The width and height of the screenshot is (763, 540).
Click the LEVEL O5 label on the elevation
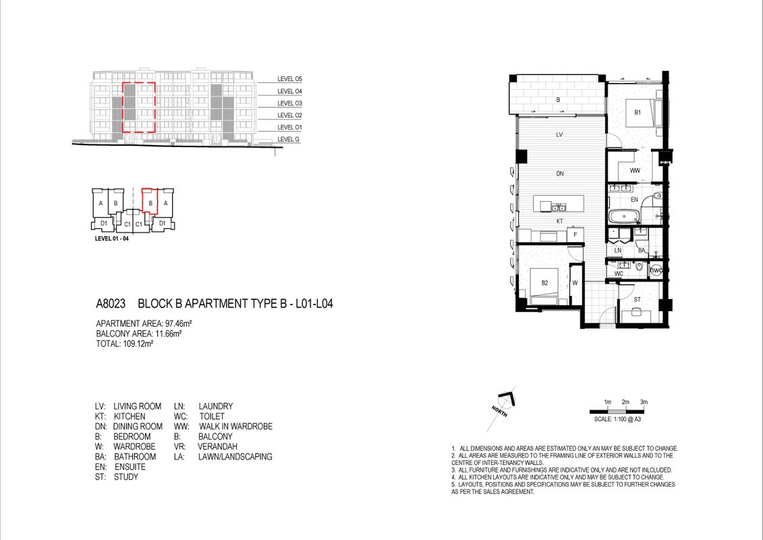point(289,79)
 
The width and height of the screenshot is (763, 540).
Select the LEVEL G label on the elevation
point(288,139)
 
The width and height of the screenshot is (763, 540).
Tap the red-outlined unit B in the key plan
point(150,202)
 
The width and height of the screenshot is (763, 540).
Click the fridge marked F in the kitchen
point(575,235)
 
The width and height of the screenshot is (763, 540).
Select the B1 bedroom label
point(638,113)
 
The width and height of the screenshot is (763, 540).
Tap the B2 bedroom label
point(544,283)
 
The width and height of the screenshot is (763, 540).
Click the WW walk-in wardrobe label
point(635,170)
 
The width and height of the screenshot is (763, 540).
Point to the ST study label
point(637,300)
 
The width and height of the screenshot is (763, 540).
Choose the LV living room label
point(559,134)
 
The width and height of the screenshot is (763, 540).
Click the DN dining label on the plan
point(559,173)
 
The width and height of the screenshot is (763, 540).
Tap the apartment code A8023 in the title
point(111,304)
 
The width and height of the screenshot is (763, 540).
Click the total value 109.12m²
point(138,344)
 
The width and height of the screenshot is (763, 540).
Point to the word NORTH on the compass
point(499,412)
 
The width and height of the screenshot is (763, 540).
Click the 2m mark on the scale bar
point(625,402)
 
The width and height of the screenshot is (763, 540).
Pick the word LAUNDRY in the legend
point(216,406)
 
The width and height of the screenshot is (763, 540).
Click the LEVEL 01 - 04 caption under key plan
point(111,238)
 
